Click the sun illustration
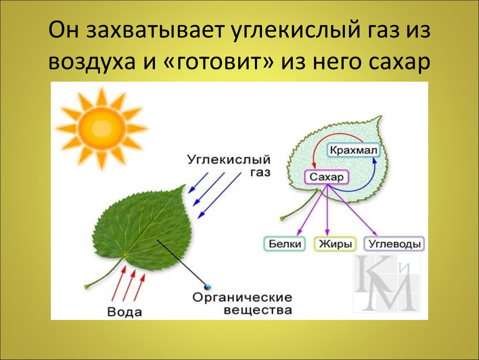click(x=101, y=127)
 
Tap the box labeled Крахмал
click(x=354, y=150)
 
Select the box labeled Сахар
click(x=327, y=177)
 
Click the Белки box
click(x=284, y=244)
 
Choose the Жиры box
click(x=335, y=244)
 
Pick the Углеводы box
click(x=394, y=244)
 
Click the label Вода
click(x=125, y=312)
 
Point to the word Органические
click(x=242, y=297)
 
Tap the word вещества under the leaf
click(x=258, y=310)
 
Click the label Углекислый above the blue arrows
click(x=229, y=160)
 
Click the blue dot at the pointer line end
click(x=208, y=287)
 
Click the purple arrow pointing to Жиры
click(x=327, y=210)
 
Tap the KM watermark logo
click(x=387, y=282)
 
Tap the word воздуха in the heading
click(x=92, y=62)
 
